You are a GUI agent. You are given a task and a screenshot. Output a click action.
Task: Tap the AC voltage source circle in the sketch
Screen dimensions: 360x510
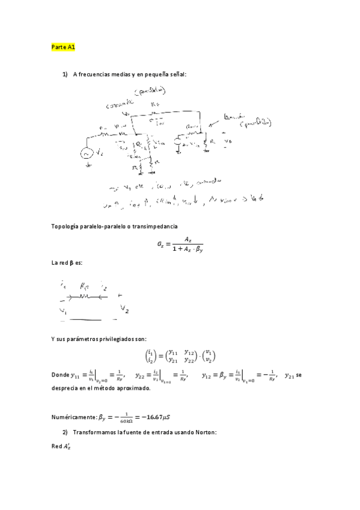(86, 153)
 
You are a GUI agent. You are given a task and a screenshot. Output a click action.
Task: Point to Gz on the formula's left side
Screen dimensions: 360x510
(161, 245)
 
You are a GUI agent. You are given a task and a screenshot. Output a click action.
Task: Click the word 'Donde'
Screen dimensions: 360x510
(60, 376)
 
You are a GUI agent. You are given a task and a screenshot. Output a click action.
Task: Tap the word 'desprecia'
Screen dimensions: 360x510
(67, 389)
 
